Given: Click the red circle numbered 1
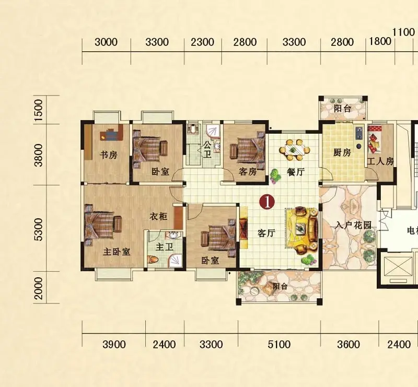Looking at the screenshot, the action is click(x=268, y=202).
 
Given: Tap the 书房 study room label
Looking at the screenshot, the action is click(x=109, y=155).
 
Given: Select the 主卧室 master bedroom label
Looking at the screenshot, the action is click(x=117, y=251).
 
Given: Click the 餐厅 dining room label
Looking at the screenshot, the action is click(x=296, y=172).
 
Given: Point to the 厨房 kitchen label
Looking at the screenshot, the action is click(x=342, y=153).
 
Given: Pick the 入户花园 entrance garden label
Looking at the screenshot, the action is click(x=354, y=226).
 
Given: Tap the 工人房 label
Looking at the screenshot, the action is click(x=380, y=161).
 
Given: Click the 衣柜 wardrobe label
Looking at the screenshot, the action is click(x=158, y=216).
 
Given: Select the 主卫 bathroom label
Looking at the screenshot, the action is click(x=165, y=247).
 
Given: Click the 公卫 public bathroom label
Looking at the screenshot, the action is click(x=207, y=149).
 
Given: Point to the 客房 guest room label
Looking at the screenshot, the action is click(x=248, y=171).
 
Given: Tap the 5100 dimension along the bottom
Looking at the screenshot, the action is click(x=279, y=345).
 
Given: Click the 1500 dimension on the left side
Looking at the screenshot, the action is click(x=39, y=110).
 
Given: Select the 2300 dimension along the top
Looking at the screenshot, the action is click(x=202, y=42).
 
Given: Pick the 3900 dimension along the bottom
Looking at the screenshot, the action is click(x=114, y=345).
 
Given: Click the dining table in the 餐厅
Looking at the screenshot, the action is click(x=295, y=150).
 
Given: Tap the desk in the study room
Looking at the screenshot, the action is click(x=111, y=134).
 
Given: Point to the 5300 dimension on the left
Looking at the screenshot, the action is click(x=39, y=229).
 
